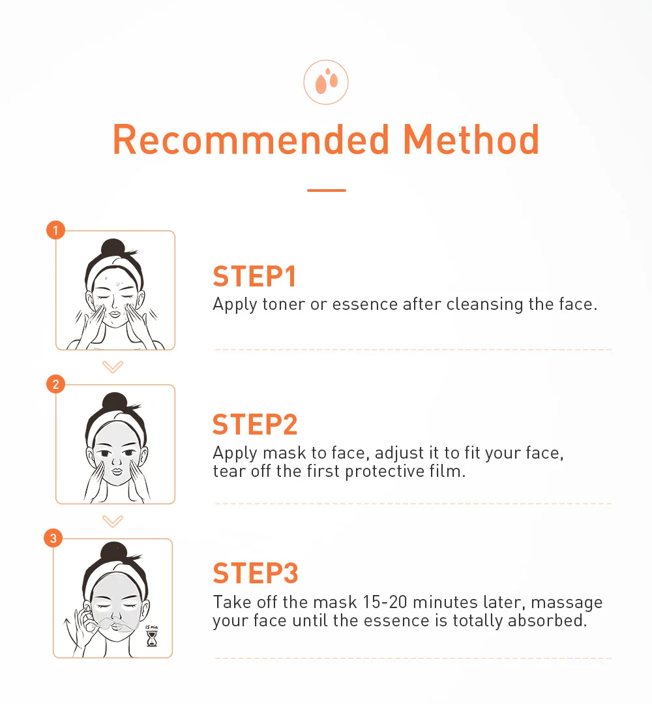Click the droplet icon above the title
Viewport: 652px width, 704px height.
326,82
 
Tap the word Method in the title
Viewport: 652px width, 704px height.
471,139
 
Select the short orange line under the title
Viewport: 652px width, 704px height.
326,191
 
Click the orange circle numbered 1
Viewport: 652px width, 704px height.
55,230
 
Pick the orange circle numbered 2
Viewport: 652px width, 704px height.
55,384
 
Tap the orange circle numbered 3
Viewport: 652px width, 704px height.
53,538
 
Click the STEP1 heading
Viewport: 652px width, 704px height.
255,277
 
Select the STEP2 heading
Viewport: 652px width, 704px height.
255,425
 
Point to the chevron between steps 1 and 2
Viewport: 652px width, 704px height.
113,367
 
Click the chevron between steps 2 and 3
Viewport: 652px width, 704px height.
113,521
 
